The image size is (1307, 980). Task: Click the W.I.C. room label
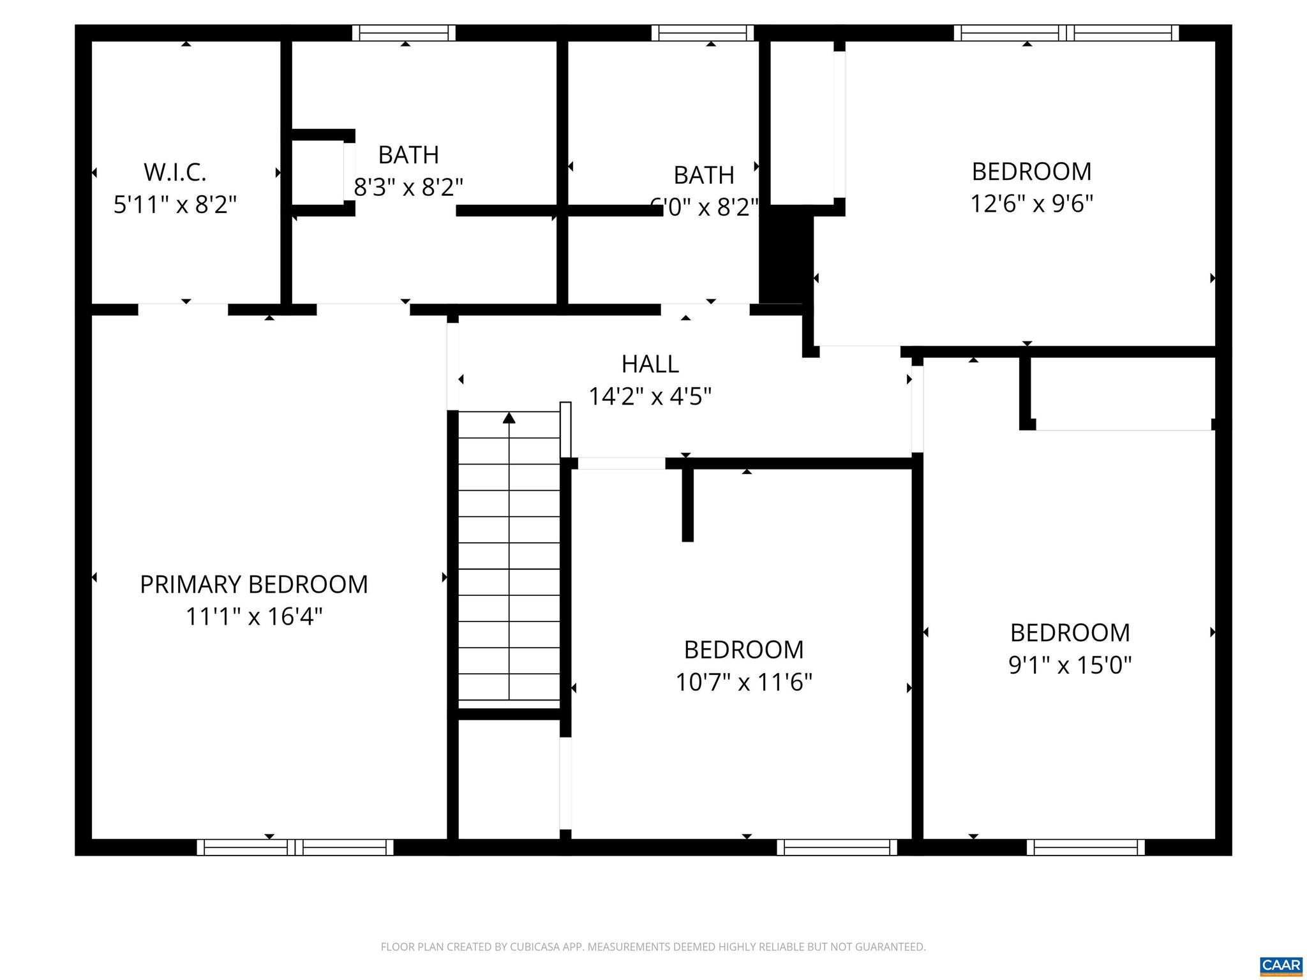click(x=175, y=172)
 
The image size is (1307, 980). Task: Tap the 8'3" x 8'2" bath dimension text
click(x=408, y=188)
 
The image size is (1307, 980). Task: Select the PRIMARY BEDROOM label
click(x=254, y=584)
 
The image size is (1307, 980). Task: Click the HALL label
click(x=650, y=364)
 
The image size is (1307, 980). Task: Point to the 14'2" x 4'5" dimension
click(x=650, y=397)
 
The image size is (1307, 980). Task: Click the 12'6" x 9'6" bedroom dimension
click(x=1031, y=204)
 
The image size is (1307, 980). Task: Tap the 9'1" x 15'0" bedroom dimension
click(x=1070, y=665)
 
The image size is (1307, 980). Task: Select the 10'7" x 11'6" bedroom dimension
click(x=743, y=683)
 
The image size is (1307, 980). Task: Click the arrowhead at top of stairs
click(x=509, y=418)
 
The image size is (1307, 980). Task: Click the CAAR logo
click(x=1281, y=965)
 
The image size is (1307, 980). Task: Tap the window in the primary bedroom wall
click(x=295, y=847)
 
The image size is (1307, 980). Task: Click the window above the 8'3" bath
click(x=404, y=33)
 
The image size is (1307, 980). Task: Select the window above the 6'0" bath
click(x=703, y=33)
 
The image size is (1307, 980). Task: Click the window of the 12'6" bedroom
click(x=1066, y=33)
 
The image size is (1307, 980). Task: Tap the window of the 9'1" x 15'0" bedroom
click(x=1086, y=847)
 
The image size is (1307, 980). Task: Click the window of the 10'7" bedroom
click(x=837, y=847)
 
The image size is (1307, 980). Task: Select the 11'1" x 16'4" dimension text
click(x=254, y=617)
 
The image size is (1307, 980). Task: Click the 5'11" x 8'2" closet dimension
click(x=175, y=205)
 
